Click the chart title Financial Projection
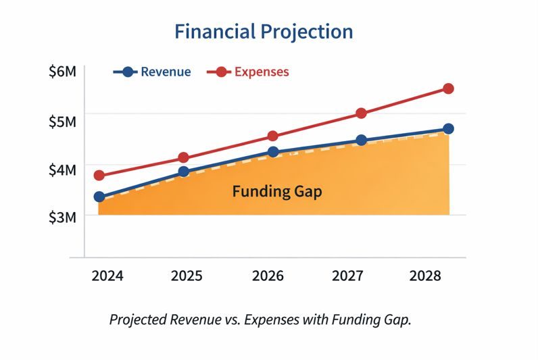pos(264,32)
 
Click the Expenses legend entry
pos(262,72)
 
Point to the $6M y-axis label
pos(63,71)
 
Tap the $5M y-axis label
pos(63,122)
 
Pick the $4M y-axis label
pos(63,170)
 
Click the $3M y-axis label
pos(63,217)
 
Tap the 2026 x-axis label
pos(268,276)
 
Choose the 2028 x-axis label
pos(426,276)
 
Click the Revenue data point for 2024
pos(99,197)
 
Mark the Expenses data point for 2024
pos(99,176)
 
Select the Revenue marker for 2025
pos(183,172)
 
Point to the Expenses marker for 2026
pos(272,136)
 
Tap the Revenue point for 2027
pos(361,140)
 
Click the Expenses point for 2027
pos(361,113)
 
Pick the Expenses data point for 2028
pos(448,88)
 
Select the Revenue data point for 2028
pos(448,129)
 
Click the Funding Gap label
pos(277,192)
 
